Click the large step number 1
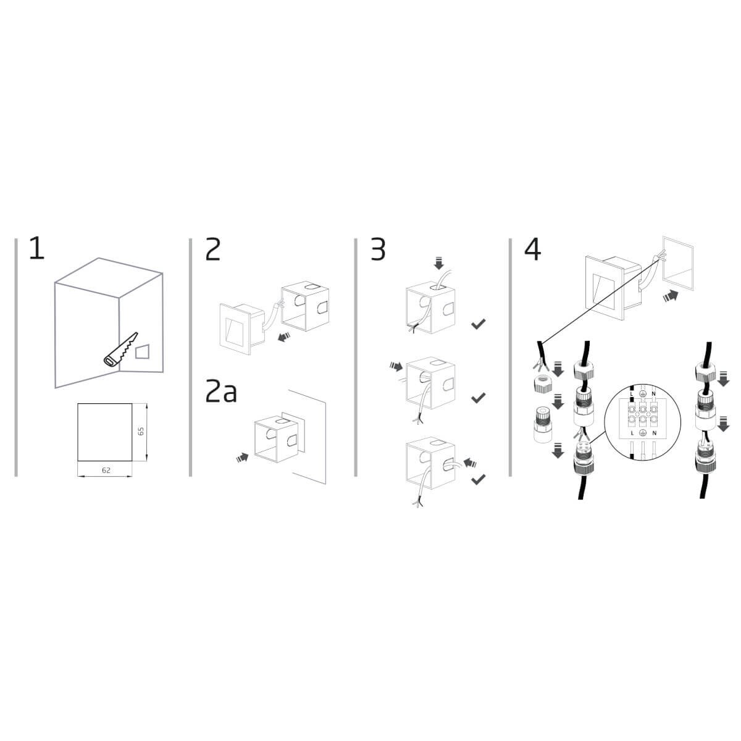[x=37, y=249]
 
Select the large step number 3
[x=378, y=249]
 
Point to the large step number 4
[x=532, y=249]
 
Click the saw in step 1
[x=120, y=350]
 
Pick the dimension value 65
[x=141, y=431]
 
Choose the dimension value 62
[x=106, y=470]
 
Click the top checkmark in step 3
[x=478, y=324]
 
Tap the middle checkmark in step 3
[x=478, y=398]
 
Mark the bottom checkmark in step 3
[x=478, y=479]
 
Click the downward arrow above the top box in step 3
[x=438, y=264]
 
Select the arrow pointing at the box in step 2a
[x=243, y=458]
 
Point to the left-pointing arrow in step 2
[x=284, y=337]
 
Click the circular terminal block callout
[x=643, y=422]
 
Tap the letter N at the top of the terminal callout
[x=654, y=394]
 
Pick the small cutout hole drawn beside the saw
[x=142, y=351]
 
